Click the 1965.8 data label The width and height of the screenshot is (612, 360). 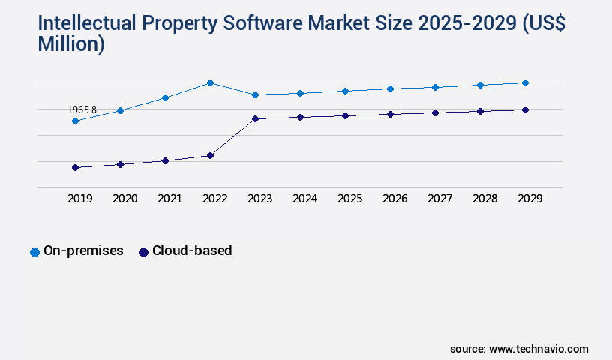click(x=82, y=109)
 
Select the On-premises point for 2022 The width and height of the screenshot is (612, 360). click(x=210, y=82)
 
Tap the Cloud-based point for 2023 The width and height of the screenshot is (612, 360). click(x=255, y=118)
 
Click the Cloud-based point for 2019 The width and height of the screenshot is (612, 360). click(x=75, y=167)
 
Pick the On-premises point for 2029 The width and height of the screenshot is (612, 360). click(x=525, y=82)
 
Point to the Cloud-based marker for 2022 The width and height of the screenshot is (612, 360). click(x=210, y=155)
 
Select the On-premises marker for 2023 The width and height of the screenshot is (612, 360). click(x=255, y=94)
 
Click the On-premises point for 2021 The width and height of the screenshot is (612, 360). click(x=165, y=97)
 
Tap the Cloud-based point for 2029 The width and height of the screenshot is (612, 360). click(x=525, y=109)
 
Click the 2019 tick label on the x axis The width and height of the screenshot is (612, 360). click(x=79, y=199)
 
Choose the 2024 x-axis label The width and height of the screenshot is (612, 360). click(x=304, y=199)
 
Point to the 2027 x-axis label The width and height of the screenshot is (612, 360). click(x=439, y=199)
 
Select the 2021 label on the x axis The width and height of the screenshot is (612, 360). click(x=169, y=199)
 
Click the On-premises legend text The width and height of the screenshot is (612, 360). click(x=83, y=250)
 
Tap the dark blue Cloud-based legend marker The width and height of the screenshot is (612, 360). click(x=143, y=252)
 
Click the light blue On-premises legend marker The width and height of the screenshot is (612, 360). click(x=34, y=252)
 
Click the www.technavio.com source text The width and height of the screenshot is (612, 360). click(x=538, y=349)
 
